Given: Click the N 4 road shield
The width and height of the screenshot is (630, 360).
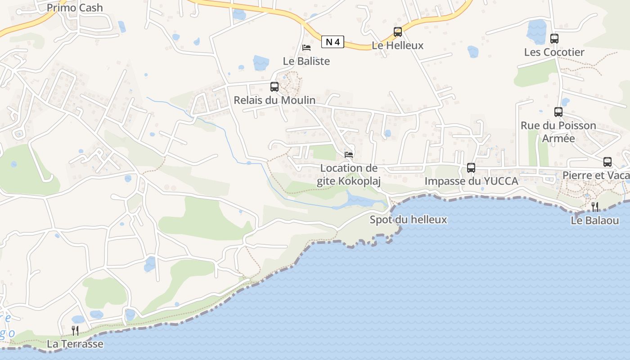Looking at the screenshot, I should [333, 42].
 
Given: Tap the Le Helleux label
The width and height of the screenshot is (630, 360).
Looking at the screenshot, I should [398, 45].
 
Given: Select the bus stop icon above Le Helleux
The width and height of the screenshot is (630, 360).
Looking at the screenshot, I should [398, 32].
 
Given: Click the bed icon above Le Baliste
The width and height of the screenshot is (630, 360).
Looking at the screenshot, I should [306, 48].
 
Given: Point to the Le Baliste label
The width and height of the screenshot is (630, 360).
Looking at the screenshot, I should [306, 61].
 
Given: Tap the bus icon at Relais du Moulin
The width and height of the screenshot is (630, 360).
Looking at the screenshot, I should [274, 87].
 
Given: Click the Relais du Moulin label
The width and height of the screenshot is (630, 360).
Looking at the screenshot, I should [274, 100].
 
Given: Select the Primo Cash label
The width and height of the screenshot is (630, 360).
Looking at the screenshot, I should [75, 8].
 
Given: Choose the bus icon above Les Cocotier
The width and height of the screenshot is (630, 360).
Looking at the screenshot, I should [554, 39].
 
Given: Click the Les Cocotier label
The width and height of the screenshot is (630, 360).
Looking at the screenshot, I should [554, 52].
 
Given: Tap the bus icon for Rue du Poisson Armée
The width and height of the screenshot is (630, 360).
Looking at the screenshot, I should [558, 112].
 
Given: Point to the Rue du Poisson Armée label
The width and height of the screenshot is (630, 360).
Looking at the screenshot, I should [558, 131].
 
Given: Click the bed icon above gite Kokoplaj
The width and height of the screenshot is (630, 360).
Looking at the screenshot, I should [349, 155].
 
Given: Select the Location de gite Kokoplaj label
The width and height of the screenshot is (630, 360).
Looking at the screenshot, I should [349, 175].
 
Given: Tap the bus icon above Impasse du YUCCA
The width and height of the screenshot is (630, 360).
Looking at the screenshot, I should [471, 168].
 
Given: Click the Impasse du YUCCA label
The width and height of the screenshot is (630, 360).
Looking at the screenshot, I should [472, 181].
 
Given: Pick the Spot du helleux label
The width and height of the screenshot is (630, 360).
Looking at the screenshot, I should [408, 220].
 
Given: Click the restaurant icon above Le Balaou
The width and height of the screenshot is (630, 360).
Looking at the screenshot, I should [594, 207].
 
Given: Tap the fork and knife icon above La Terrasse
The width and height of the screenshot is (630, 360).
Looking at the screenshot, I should [75, 331].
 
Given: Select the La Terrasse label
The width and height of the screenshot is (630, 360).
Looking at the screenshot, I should [75, 344].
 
